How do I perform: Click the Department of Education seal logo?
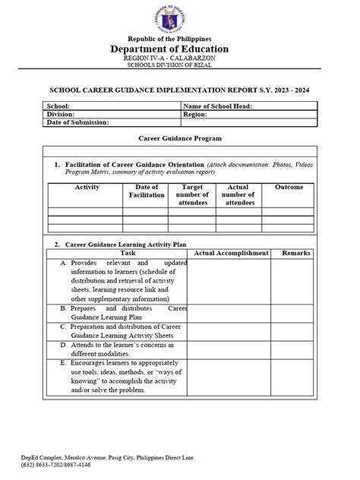[179, 17]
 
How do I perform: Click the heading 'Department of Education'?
[179, 49]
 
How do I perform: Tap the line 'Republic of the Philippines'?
[179, 39]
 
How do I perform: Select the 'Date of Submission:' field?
[78, 122]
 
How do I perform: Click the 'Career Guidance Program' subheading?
[179, 140]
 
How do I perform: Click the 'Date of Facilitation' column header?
[146, 191]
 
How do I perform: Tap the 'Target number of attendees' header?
[192, 194]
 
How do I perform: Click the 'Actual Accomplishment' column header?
[231, 252]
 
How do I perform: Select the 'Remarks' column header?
[296, 252]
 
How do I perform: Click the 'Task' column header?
[128, 252]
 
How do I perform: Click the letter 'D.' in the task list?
[63, 344]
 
